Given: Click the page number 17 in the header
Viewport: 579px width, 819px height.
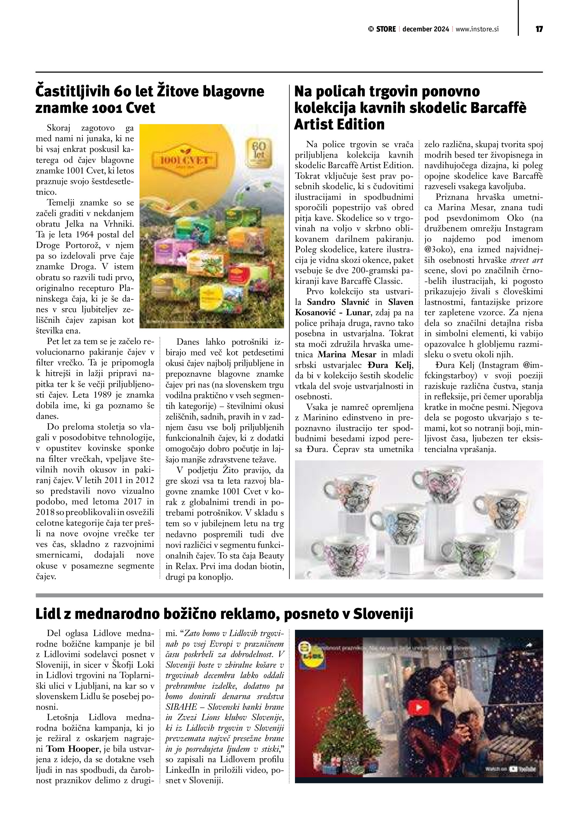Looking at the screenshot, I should pyautogui.click(x=539, y=29).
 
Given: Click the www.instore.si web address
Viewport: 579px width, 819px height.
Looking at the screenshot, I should pyautogui.click(x=477, y=29).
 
